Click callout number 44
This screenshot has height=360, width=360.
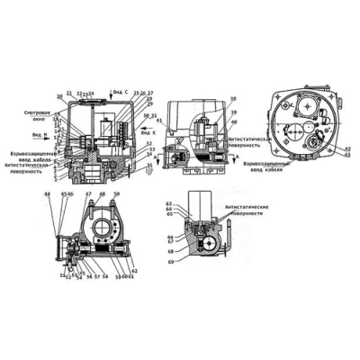tap(47, 195)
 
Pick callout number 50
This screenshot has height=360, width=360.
tap(115, 195)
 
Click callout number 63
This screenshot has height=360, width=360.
tap(169, 204)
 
